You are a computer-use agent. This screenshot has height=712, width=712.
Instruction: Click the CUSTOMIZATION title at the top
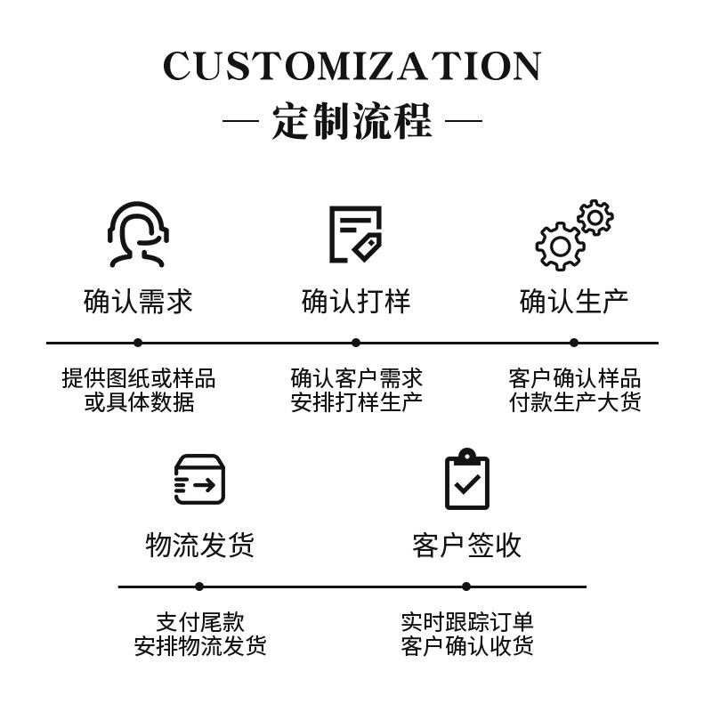[x=352, y=67]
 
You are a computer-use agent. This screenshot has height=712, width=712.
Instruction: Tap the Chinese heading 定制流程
[x=352, y=120]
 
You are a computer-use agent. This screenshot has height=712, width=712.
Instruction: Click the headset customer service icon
[x=138, y=234]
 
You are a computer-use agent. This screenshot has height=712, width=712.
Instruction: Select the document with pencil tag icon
[x=355, y=234]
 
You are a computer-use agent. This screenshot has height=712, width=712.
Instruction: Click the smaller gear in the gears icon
[x=595, y=217]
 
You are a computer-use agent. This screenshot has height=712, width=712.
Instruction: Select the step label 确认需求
[x=138, y=302]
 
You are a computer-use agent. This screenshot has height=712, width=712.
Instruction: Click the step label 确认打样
[x=356, y=302]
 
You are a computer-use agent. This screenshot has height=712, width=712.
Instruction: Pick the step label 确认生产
[x=574, y=302]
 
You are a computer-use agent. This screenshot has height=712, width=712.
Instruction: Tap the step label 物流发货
[x=199, y=545]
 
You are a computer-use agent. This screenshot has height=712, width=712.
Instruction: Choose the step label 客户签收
[x=466, y=545]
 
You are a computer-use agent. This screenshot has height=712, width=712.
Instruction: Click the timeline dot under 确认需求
[x=138, y=343]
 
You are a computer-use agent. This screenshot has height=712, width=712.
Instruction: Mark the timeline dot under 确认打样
[x=356, y=343]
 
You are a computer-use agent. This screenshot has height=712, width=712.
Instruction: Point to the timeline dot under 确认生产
[x=574, y=343]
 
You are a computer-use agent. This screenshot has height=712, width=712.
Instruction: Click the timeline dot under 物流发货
[x=199, y=587]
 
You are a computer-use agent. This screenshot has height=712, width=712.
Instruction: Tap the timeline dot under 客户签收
[x=466, y=587]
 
